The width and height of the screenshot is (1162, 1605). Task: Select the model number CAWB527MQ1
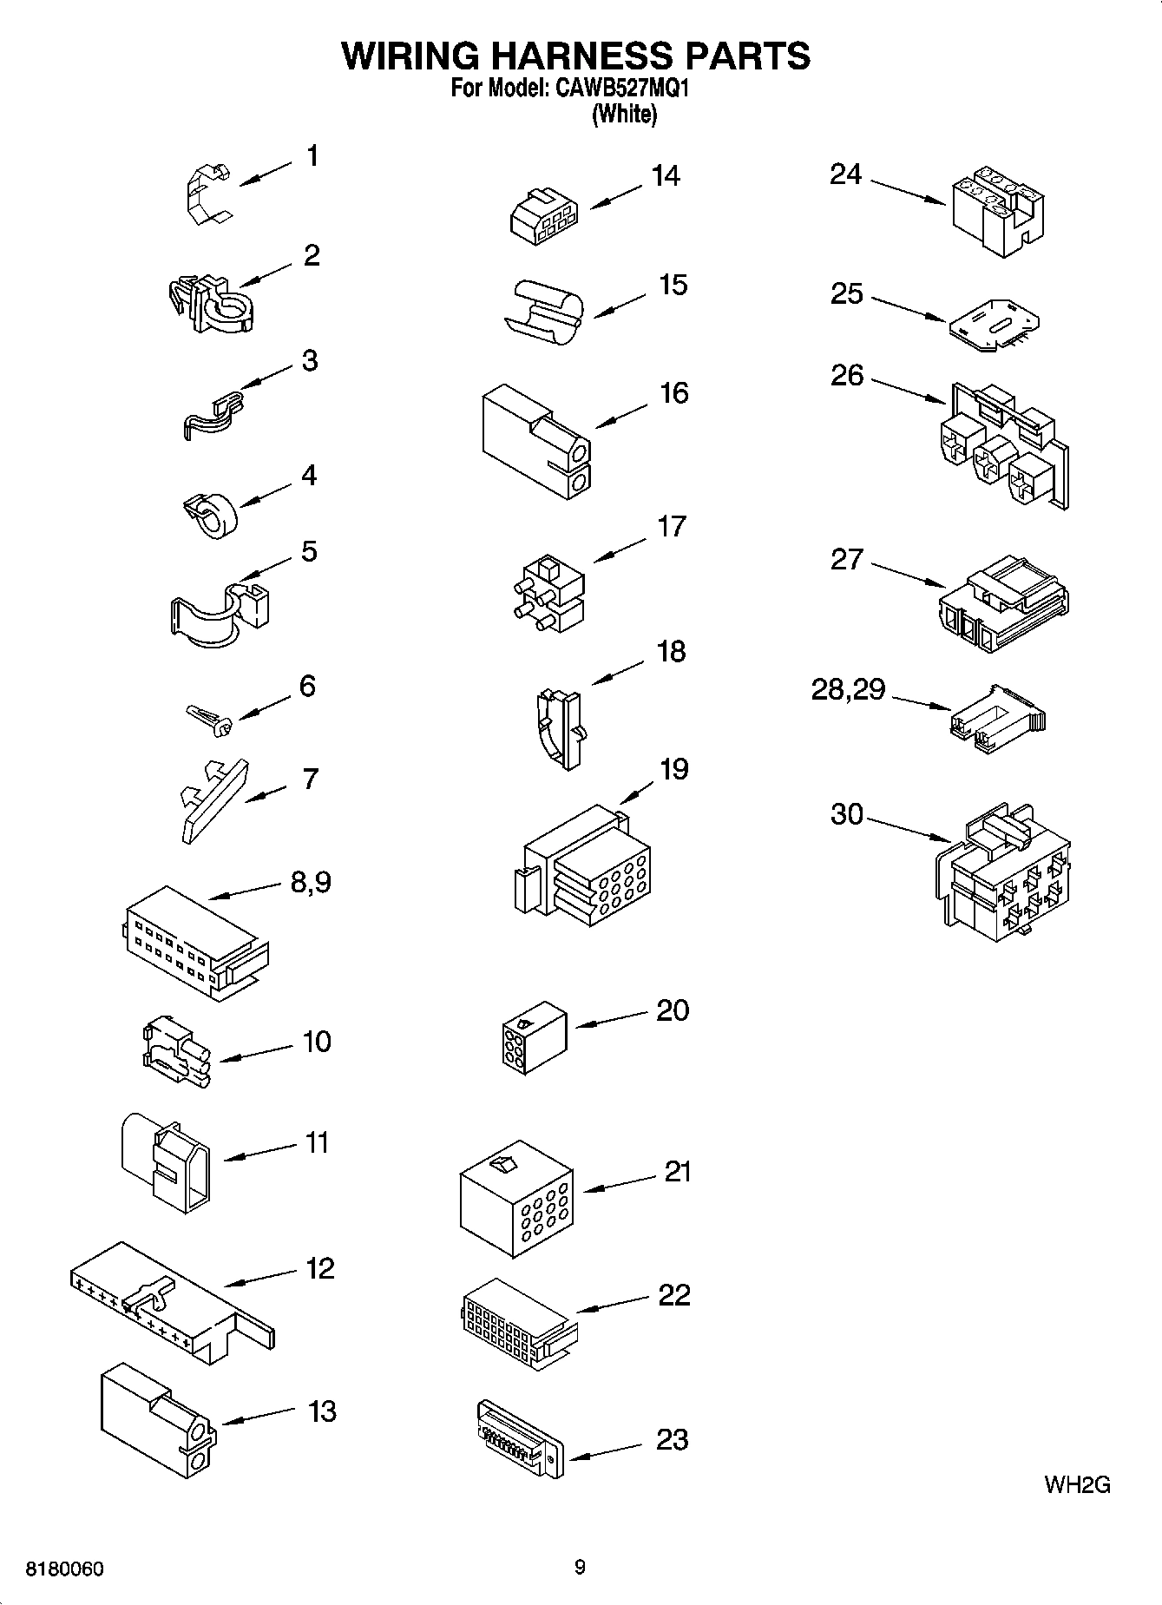tap(617, 89)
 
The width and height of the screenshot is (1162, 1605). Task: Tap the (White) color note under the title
tap(623, 114)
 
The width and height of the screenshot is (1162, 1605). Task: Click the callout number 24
tap(845, 174)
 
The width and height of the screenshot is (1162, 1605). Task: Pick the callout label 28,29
tap(847, 690)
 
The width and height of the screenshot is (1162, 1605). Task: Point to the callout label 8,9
tap(310, 883)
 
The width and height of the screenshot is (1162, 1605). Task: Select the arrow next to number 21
tap(619, 1184)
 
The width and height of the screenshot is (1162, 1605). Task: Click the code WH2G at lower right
tap(1076, 1484)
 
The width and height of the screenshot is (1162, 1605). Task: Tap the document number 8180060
tap(65, 1569)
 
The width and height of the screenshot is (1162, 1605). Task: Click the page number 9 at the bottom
tap(580, 1567)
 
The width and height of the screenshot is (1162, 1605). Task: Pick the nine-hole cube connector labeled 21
tap(515, 1199)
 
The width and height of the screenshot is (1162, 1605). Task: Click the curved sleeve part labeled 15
tap(544, 310)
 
